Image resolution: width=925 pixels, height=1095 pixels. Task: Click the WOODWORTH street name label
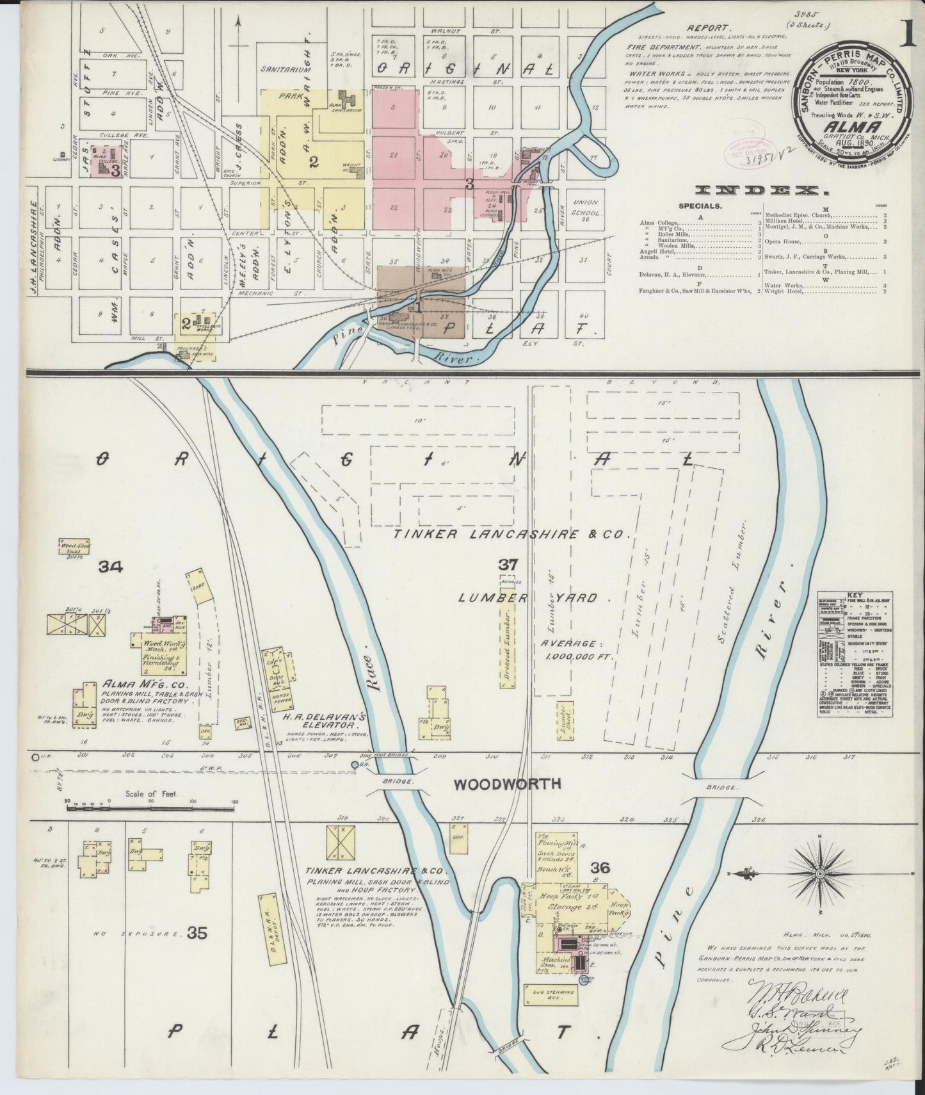[508, 783]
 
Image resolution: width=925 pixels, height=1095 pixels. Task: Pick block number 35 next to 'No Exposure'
[197, 933]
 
